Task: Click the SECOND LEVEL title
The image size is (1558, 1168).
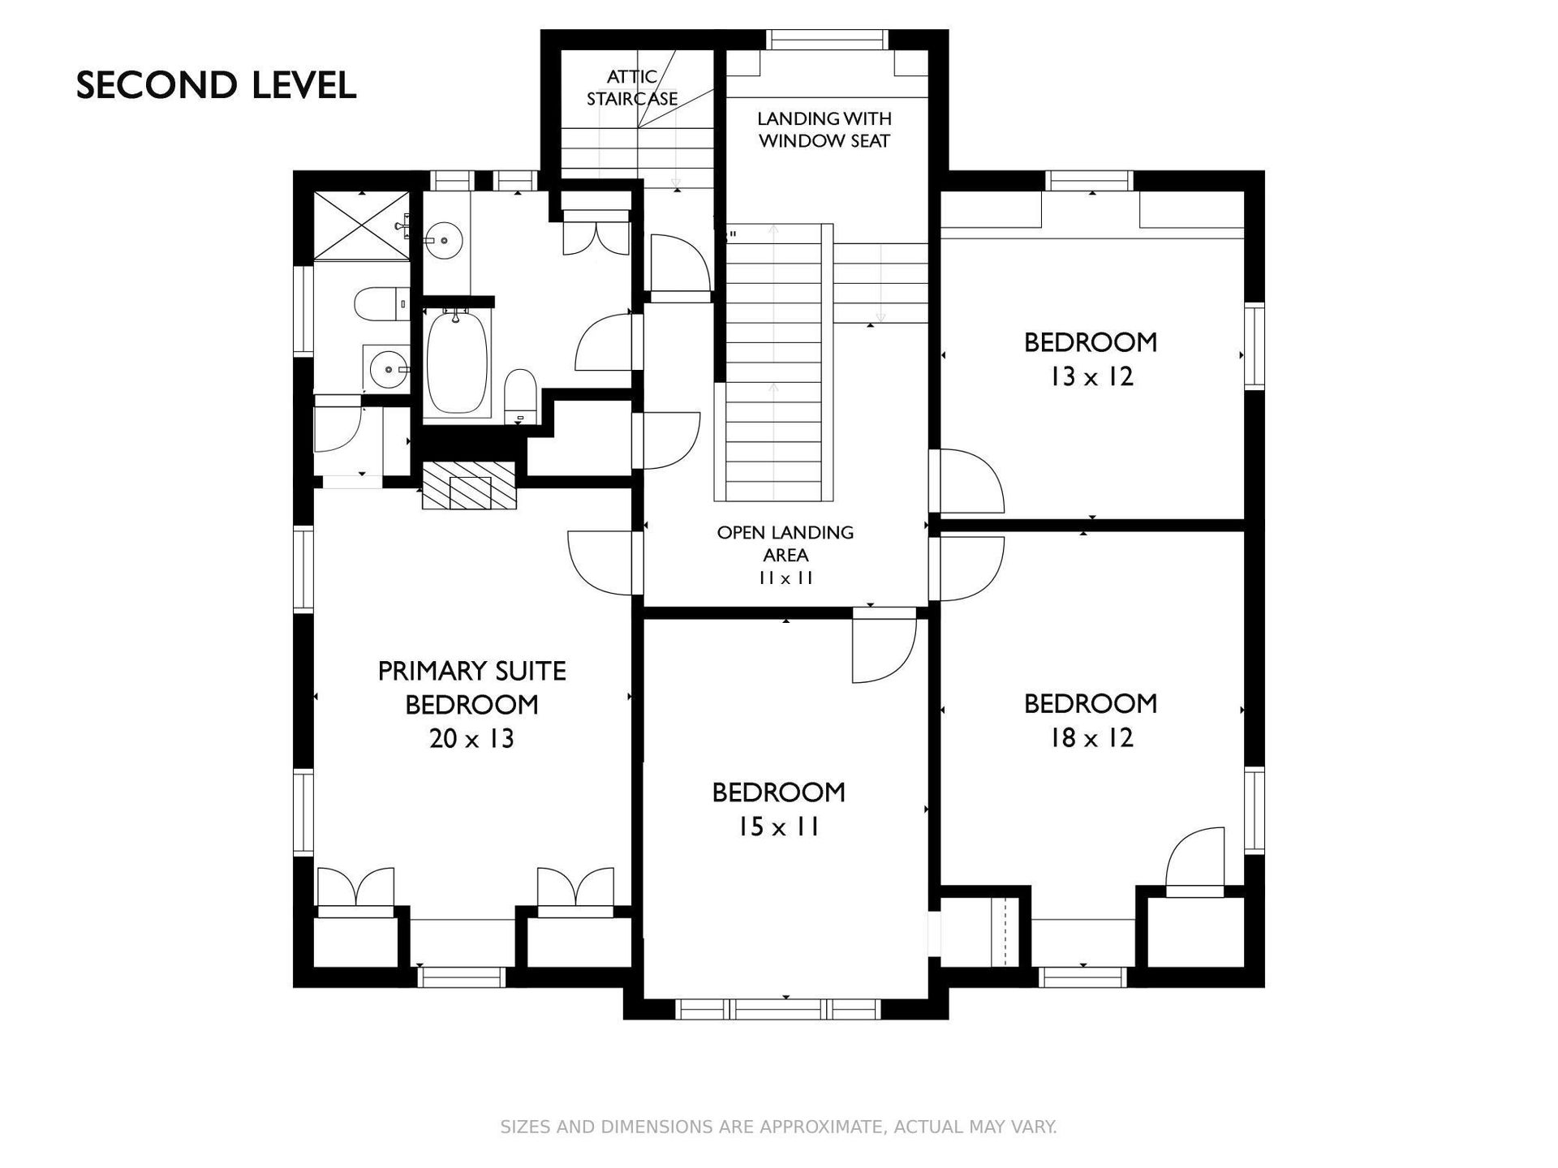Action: click(x=216, y=85)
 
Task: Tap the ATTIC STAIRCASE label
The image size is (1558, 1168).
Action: click(x=632, y=88)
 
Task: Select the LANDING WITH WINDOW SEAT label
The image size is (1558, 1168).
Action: click(x=824, y=130)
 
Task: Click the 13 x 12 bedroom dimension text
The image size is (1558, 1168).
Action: click(x=1091, y=377)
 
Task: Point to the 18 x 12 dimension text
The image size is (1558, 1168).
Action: click(x=1091, y=738)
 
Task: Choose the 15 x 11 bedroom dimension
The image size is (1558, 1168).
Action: click(x=778, y=827)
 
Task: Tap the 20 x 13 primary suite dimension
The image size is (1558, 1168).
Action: click(x=471, y=739)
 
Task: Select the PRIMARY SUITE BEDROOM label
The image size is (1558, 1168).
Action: click(x=471, y=688)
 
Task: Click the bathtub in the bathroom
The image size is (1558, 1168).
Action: click(x=458, y=363)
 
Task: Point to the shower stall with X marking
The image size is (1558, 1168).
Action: click(x=362, y=225)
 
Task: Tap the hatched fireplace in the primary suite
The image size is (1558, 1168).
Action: click(x=469, y=485)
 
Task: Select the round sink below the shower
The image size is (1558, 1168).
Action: click(x=386, y=370)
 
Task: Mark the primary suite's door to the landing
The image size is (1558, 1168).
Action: click(x=600, y=563)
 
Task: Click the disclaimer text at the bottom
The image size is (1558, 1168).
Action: click(x=778, y=1127)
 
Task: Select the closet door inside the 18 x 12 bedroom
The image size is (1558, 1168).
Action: click(x=1194, y=862)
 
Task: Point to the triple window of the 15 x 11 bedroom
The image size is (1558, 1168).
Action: click(x=778, y=1009)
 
